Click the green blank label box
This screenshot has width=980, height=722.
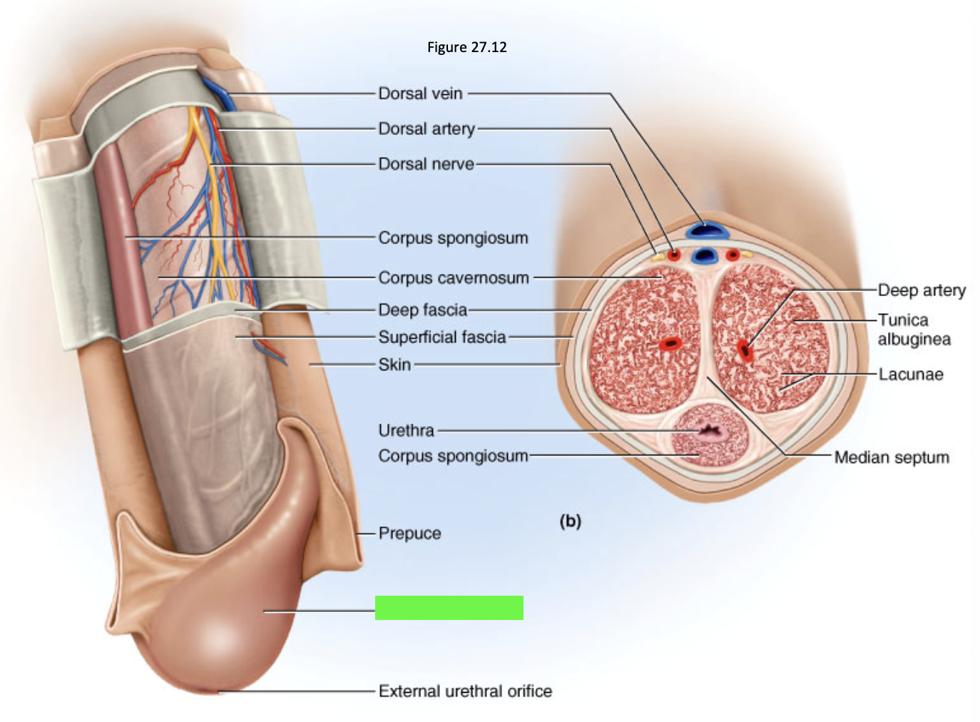click(449, 608)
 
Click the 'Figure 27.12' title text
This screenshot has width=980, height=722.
click(466, 47)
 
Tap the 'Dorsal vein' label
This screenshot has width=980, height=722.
click(420, 93)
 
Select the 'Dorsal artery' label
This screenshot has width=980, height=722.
click(427, 129)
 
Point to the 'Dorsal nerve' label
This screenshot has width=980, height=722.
click(426, 164)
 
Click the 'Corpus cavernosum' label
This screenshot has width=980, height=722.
click(454, 278)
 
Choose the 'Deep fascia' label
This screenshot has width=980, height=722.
click(423, 310)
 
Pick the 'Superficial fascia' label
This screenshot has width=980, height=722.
click(442, 337)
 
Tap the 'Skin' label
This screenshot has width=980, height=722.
click(394, 365)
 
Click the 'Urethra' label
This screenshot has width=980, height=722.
click(406, 431)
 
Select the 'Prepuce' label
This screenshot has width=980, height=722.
click(409, 534)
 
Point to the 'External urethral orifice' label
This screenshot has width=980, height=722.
click(465, 691)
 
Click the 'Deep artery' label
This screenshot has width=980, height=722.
click(922, 290)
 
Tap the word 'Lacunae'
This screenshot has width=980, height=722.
click(911, 375)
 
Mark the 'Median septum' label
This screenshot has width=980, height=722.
click(892, 458)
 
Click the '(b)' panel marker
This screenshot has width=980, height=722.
click(571, 521)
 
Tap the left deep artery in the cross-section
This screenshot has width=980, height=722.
click(670, 344)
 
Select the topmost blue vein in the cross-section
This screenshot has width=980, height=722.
click(708, 230)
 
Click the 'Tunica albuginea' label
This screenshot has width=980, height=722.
click(914, 330)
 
